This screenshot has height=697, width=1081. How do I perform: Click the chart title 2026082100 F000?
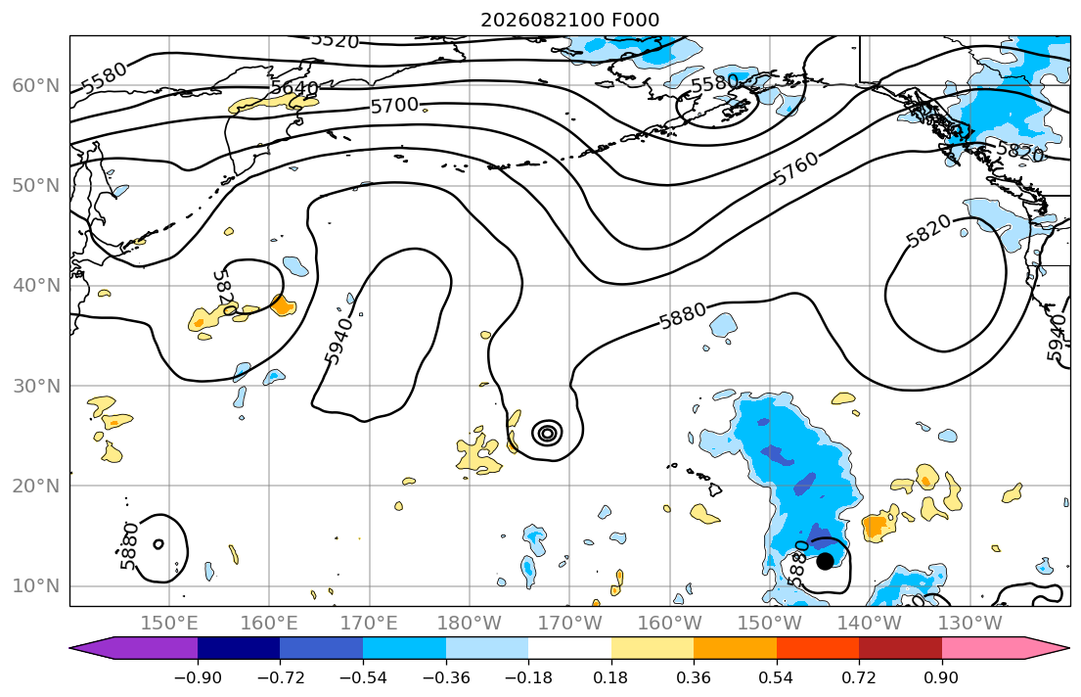(x=569, y=20)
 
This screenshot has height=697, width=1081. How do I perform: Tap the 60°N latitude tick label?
(x=36, y=85)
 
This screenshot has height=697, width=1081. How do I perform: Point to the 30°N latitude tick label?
(x=36, y=386)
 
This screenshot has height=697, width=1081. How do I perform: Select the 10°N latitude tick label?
(x=36, y=586)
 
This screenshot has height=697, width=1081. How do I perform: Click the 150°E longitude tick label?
(x=169, y=624)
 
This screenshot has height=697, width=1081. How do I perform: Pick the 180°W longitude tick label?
(x=470, y=624)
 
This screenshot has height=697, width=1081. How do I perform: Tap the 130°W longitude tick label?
(x=970, y=624)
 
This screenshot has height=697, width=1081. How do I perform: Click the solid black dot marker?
(x=825, y=561)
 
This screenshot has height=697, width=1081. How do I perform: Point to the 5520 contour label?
(x=335, y=40)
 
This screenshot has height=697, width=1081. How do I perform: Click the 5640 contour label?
(x=294, y=88)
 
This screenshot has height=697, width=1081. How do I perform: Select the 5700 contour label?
(x=394, y=106)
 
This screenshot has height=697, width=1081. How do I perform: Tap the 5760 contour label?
(x=796, y=167)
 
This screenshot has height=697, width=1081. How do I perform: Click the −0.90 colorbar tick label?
(x=198, y=677)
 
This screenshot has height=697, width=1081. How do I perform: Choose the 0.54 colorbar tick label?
(x=777, y=677)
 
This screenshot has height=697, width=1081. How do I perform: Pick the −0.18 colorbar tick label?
(x=528, y=677)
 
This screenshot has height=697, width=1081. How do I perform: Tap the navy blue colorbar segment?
(x=239, y=648)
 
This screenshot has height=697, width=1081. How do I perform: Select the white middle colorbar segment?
(x=569, y=648)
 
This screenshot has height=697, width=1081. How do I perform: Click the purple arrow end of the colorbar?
(x=133, y=648)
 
